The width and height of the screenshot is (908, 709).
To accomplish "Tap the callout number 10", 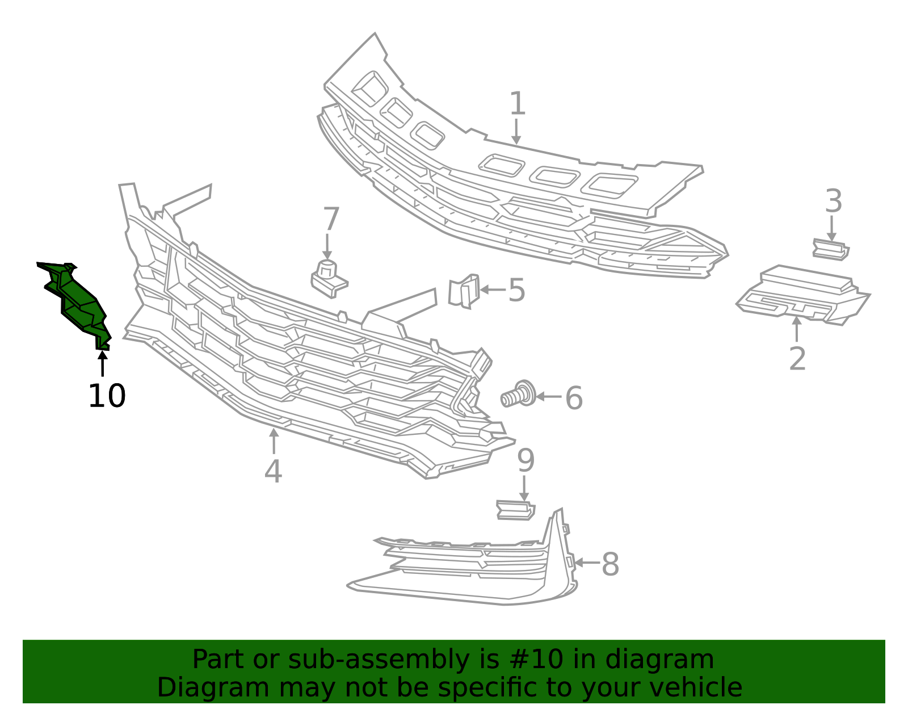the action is [x=107, y=396].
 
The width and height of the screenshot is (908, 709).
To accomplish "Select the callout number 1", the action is [x=518, y=104].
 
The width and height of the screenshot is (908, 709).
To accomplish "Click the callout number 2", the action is [x=797, y=358].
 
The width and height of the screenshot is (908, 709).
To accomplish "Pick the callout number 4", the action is [x=274, y=471].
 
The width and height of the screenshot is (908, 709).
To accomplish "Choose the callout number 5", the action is [x=517, y=290].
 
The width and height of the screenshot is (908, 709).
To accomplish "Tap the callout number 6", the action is [x=574, y=398].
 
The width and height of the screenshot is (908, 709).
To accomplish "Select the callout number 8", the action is [x=610, y=564].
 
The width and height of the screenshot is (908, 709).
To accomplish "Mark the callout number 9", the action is [x=526, y=460].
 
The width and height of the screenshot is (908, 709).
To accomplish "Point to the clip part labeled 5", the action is [x=464, y=291].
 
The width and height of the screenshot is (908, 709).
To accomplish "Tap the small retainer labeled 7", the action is [x=329, y=279].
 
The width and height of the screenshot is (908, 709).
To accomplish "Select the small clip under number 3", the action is [x=831, y=249].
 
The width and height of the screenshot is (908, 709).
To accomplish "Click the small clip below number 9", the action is [x=516, y=510].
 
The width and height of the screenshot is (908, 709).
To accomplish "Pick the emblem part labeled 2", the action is [x=802, y=295].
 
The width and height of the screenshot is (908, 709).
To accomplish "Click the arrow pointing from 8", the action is [x=587, y=563].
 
